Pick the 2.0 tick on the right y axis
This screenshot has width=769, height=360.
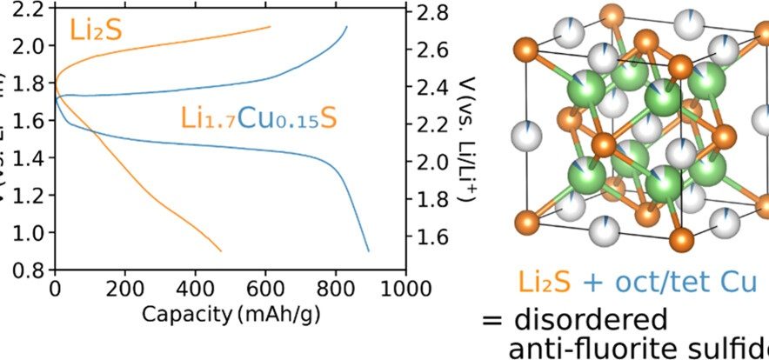[x=432, y=163]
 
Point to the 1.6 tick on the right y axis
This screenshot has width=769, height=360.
[x=432, y=237]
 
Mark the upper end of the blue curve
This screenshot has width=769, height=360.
[x=346, y=27]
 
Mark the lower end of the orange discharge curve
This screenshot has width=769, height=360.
[x=221, y=250]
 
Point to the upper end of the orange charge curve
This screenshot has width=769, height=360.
[x=270, y=27]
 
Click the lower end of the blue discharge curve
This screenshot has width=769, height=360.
[x=368, y=250]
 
